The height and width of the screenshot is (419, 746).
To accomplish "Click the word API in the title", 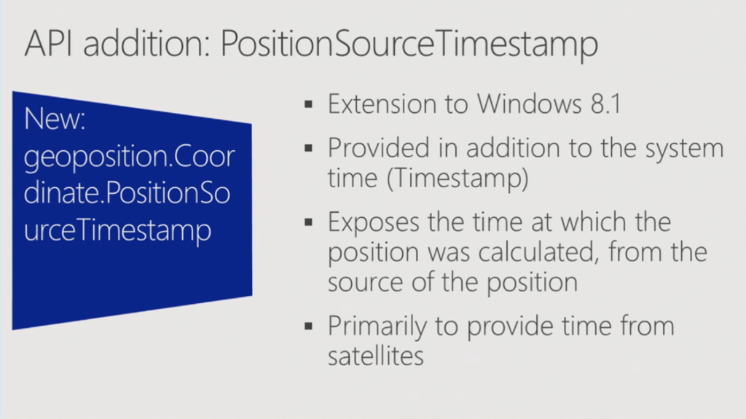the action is tap(49, 43).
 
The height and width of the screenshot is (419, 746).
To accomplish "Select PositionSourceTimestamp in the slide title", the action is tap(409, 46).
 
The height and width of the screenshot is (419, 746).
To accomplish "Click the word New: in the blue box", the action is tap(55, 118).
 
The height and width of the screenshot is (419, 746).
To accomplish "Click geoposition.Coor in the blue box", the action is tap(130, 158).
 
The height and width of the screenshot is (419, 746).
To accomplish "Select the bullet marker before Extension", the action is tap(308, 103).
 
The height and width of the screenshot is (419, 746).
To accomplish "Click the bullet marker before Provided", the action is tap(308, 148).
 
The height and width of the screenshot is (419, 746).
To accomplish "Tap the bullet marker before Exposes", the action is tap(308, 222).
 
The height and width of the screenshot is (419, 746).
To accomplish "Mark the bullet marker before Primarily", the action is tap(308, 326).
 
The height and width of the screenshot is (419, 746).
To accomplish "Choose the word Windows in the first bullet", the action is tap(529, 103).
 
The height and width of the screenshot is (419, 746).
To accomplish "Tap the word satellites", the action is tap(376, 356).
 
